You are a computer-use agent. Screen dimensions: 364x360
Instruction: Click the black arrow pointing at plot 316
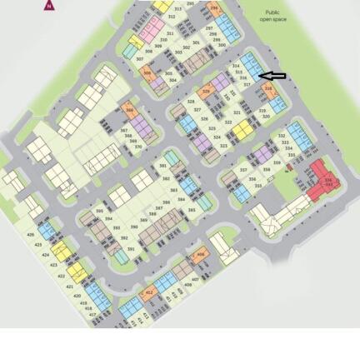click(x=273, y=76)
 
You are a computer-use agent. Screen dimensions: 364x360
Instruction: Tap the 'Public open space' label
click(x=272, y=15)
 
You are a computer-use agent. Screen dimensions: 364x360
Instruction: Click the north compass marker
click(x=49, y=5)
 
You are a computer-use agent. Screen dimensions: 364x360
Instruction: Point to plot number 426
click(x=31, y=235)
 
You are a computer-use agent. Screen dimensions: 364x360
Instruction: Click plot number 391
click(x=131, y=249)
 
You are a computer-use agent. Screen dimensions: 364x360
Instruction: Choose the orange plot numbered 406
click(x=199, y=256)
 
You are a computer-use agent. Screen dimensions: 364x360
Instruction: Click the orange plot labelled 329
click(x=206, y=92)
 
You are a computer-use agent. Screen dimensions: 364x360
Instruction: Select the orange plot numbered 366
click(x=129, y=110)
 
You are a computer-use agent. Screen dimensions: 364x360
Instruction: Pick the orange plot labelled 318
click(x=268, y=88)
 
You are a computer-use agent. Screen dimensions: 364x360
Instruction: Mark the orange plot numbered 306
click(x=147, y=74)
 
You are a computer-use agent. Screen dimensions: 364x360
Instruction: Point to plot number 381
click(x=162, y=166)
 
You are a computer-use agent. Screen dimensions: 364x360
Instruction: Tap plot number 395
click(x=100, y=212)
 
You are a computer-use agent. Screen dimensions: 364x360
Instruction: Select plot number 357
click(x=243, y=169)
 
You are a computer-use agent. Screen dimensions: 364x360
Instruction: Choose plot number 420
click(x=77, y=296)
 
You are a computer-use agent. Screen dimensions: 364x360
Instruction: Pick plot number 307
click(x=139, y=59)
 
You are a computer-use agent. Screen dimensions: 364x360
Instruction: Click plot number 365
click(x=192, y=210)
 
